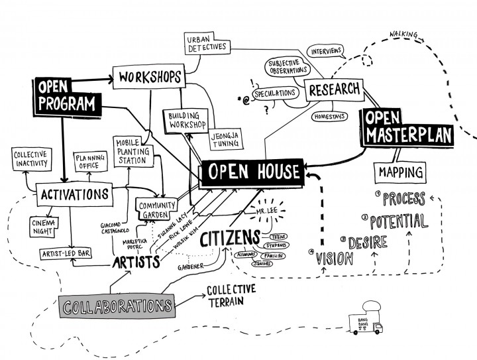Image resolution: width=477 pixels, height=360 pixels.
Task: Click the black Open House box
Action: coord(252,171)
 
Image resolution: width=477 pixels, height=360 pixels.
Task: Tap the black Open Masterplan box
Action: coord(406,128)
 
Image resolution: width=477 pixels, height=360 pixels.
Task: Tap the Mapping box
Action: coord(401,172)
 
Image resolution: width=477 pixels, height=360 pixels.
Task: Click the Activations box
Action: coord(74,194)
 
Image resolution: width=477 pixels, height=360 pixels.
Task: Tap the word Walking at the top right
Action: coord(405,33)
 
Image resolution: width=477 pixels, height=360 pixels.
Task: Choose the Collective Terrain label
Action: coord(232,296)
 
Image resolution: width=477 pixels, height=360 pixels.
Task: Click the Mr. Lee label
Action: coord(264,213)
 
